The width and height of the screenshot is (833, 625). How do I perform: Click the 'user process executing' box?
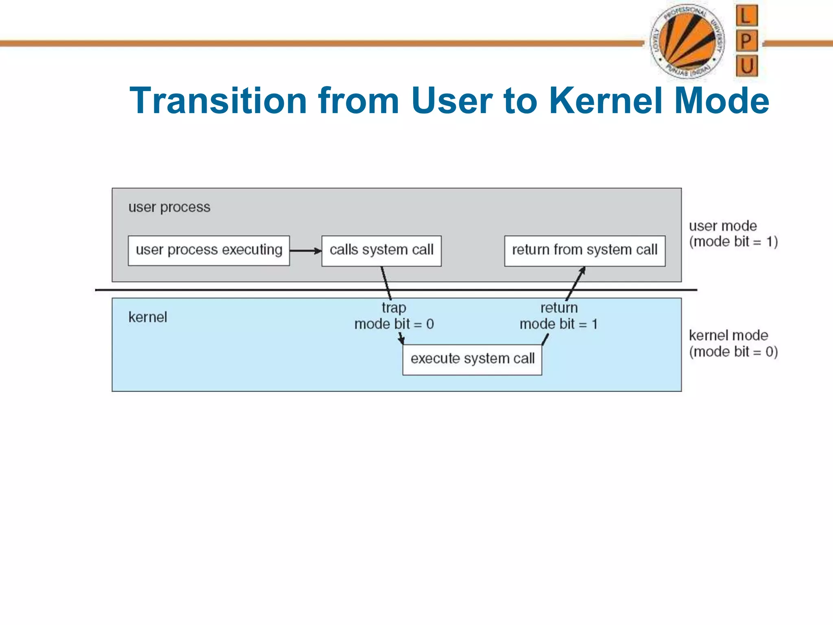tap(209, 251)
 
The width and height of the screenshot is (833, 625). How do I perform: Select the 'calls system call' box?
tap(381, 251)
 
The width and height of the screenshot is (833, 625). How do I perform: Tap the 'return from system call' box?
tap(584, 251)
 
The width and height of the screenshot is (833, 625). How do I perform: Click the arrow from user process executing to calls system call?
tap(305, 251)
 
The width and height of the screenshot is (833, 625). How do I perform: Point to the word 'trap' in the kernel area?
tap(394, 308)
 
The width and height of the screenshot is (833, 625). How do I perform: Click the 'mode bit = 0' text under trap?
tap(394, 324)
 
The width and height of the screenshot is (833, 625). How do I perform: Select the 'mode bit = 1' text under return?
tap(558, 324)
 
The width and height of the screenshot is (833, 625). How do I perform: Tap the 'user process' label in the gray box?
tap(169, 208)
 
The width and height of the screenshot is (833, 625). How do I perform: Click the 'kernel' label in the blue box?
tap(148, 317)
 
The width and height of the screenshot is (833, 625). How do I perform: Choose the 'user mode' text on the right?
tap(723, 226)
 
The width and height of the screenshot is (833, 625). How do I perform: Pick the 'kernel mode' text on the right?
tap(728, 336)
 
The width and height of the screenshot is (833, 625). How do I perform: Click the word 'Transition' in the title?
tap(218, 101)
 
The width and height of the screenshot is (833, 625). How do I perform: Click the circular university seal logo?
tap(687, 42)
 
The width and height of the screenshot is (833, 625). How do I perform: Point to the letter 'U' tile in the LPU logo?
tap(747, 66)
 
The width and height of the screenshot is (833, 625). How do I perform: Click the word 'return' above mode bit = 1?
tap(558, 308)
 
